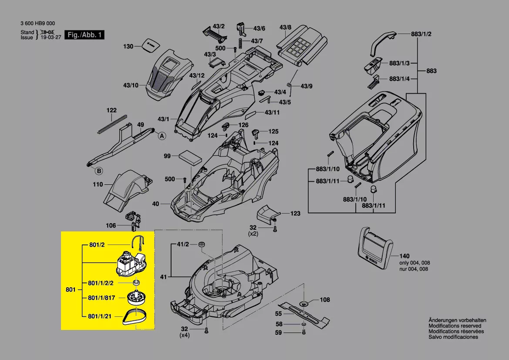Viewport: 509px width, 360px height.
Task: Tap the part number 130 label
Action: pyautogui.click(x=128, y=46)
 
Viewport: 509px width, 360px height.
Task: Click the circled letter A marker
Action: pyautogui.click(x=162, y=136)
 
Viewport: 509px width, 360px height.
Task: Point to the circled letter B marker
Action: pyautogui.click(x=99, y=171)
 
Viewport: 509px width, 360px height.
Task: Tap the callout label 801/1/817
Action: pyautogui.click(x=101, y=298)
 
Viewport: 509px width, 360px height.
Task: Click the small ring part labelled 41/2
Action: pyautogui.click(x=202, y=245)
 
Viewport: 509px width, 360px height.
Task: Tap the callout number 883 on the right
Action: pyautogui.click(x=431, y=71)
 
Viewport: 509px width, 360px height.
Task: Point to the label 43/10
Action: pyautogui.click(x=131, y=85)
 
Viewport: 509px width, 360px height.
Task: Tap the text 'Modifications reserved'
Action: pyautogui.click(x=455, y=326)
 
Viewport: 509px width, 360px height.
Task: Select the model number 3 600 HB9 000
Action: pyautogui.click(x=37, y=24)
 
